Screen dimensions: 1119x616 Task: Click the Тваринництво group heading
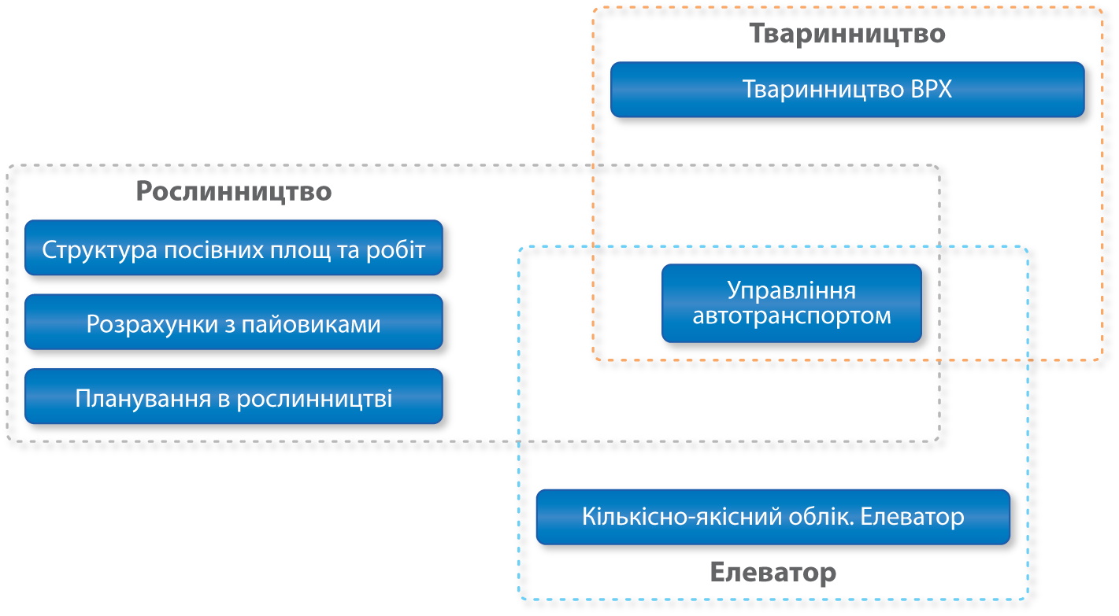pos(847,34)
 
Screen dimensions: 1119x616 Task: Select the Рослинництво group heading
pos(234,191)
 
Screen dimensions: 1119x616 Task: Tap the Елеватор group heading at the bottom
pos(773,572)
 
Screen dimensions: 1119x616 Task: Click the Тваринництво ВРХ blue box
pos(847,90)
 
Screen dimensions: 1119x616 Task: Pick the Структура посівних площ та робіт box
pos(234,248)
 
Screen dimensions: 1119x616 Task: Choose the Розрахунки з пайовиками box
pos(234,322)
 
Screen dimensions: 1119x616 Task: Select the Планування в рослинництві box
pos(234,397)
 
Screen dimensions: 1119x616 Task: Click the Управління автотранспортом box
pos(791,304)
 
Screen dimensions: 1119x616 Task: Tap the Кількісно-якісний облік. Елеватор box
pos(773,517)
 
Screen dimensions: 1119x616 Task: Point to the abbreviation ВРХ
pos(931,90)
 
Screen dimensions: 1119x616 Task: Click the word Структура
pos(99,250)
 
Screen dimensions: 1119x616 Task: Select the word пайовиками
pos(311,325)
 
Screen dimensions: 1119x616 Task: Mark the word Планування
pos(143,399)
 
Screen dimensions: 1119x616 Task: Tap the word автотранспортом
pos(791,316)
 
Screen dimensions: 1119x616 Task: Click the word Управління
pos(791,290)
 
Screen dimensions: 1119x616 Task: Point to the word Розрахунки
pos(152,325)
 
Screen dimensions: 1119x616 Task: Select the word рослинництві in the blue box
pos(314,399)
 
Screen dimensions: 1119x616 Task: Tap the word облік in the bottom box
pos(821,517)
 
